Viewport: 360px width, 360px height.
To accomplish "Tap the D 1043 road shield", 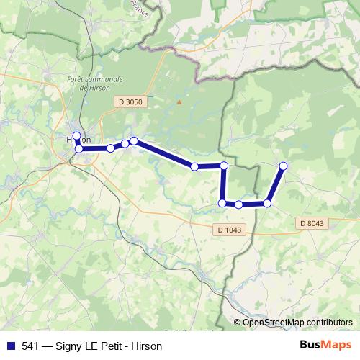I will (230, 230).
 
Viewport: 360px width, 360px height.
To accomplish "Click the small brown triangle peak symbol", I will (180, 101).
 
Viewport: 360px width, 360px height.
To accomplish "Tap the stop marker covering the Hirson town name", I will (77, 135).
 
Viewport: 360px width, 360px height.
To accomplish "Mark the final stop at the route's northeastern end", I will (283, 166).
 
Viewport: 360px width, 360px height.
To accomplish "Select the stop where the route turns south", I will (224, 166).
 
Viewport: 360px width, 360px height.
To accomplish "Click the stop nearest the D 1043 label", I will (238, 204).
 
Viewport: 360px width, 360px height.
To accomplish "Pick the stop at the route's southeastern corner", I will (267, 204).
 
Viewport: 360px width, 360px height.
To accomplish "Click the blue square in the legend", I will (10, 346).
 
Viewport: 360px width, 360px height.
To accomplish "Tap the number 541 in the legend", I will (30, 346).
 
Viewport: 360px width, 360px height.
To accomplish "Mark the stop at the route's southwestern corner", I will (222, 203).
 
